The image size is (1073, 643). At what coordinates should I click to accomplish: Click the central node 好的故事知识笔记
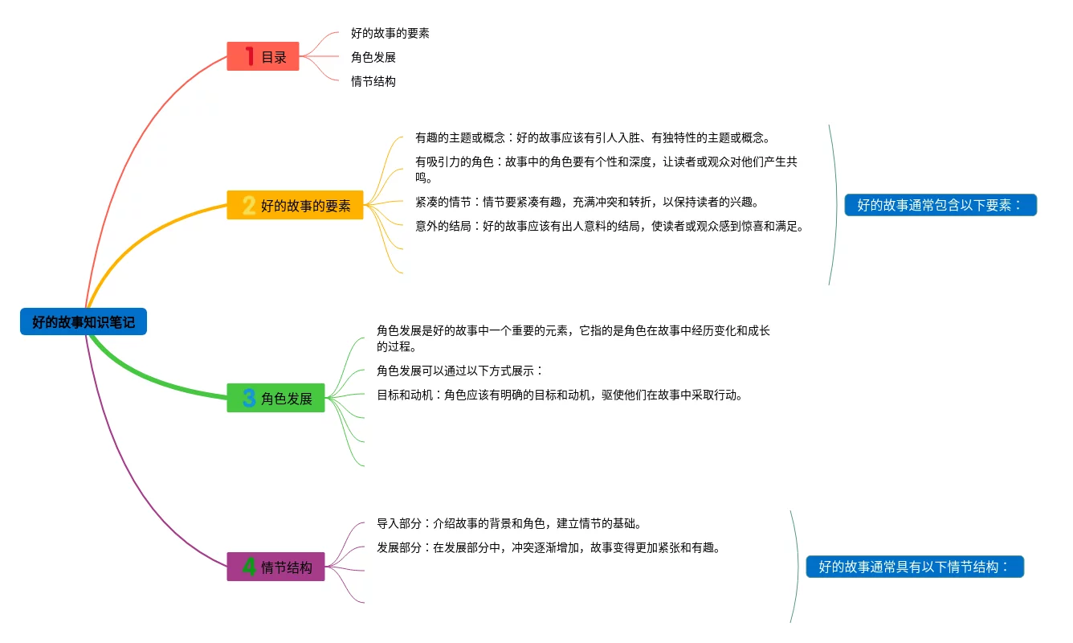(84, 322)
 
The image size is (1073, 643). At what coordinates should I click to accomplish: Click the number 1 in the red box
(250, 56)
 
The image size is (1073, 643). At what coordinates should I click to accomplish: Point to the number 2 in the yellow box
(249, 206)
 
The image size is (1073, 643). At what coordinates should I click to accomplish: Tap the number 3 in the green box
(249, 399)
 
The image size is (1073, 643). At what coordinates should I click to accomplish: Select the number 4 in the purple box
(249, 567)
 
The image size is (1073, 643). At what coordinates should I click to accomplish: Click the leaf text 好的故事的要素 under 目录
(390, 33)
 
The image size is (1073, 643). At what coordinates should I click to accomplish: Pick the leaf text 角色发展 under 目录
(373, 57)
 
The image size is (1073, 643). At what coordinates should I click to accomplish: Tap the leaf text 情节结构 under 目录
(373, 81)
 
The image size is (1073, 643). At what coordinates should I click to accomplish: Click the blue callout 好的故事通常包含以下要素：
(940, 205)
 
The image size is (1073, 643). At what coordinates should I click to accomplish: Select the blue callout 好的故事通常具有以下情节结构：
(915, 567)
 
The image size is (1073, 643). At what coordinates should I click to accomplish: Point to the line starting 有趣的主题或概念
(593, 137)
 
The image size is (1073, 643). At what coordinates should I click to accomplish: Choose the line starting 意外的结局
(610, 226)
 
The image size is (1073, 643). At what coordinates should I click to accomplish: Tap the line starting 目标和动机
(560, 395)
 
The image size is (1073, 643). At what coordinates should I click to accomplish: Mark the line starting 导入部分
(508, 523)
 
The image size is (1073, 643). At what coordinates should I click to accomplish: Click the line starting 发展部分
(549, 547)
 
